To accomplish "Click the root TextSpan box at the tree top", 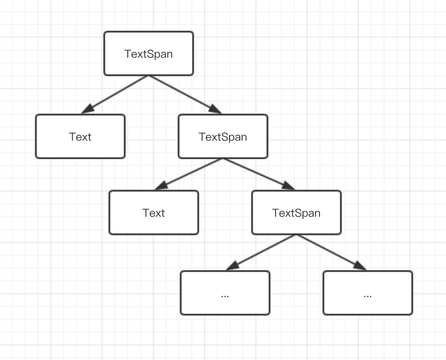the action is pos(149,53).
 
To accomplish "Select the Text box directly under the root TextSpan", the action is pos(80,136).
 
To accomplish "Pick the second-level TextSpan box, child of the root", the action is pos(223,136).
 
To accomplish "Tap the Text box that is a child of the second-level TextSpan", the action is pos(154,212).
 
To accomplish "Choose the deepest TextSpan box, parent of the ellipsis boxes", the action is pos(296,212).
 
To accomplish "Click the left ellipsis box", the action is pos(225,293).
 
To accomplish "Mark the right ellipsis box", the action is pos(368,293).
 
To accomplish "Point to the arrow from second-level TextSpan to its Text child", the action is pos(188,174).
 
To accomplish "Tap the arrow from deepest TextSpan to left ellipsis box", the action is pos(261,252).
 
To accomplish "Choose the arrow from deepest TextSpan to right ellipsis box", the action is pos(332,252).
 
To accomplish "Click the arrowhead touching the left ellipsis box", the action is pos(232,266).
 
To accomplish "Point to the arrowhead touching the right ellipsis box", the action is pos(360,266).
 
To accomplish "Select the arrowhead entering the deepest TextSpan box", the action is pos(289,186).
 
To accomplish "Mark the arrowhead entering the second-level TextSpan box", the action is pos(215,109).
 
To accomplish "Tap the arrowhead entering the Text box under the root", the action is pos(87,109).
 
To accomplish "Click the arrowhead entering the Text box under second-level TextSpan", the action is pos(161,186).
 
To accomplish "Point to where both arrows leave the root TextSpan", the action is pos(149,76).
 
